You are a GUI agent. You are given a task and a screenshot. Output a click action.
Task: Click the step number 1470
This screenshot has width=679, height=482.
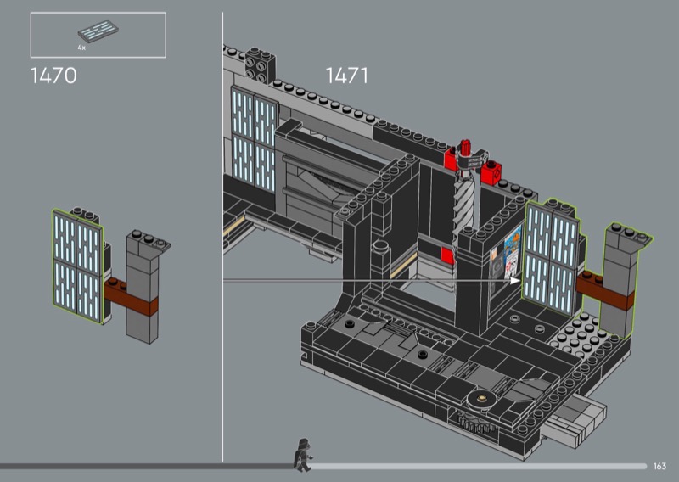(53, 76)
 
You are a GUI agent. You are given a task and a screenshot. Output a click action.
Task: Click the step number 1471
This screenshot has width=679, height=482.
(347, 76)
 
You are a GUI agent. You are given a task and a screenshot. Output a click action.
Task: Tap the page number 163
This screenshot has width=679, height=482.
(659, 466)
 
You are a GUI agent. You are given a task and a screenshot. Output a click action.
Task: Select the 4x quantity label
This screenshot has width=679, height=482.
(81, 48)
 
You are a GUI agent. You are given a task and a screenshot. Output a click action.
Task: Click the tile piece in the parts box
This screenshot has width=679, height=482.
(98, 31)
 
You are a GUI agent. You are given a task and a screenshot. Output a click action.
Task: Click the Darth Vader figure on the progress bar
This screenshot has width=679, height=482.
(303, 455)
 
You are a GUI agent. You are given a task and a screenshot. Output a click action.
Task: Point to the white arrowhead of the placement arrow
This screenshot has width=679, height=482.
(515, 281)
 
